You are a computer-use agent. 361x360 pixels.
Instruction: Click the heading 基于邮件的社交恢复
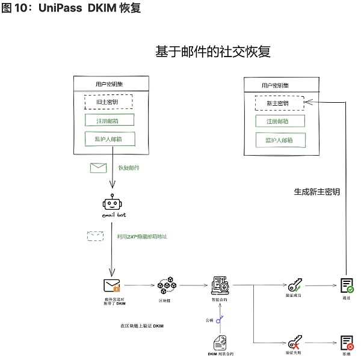(x=212, y=52)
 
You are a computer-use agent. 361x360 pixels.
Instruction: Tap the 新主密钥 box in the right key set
(x=277, y=103)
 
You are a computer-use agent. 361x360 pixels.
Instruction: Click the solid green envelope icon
(x=98, y=168)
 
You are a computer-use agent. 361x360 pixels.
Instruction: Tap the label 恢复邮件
(x=128, y=168)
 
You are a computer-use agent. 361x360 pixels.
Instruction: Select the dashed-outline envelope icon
(x=96, y=236)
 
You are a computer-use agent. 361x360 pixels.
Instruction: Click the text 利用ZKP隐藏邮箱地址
(x=142, y=237)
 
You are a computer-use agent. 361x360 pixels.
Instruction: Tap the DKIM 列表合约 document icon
(x=221, y=343)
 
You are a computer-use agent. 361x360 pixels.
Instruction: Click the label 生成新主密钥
(x=316, y=192)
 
